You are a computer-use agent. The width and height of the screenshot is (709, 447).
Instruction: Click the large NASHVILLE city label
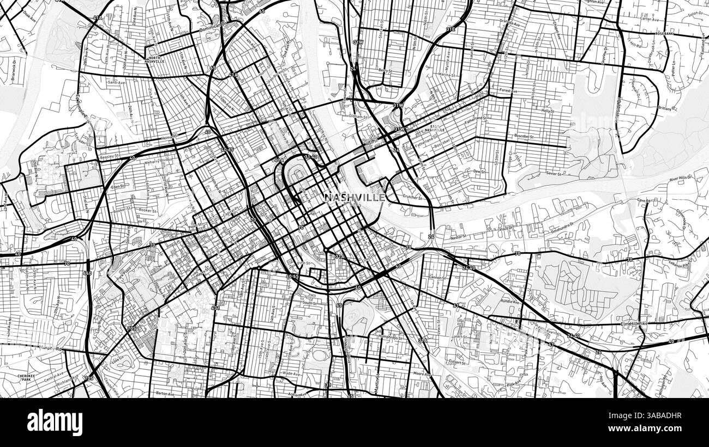[x=354, y=198]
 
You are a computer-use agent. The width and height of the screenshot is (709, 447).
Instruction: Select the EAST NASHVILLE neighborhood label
[x=438, y=128]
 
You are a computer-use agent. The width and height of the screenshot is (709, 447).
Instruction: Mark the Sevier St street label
[x=554, y=173]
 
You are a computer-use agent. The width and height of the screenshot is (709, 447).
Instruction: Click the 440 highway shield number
[x=88, y=272]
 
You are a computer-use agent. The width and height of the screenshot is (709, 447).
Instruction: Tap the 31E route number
[x=450, y=29]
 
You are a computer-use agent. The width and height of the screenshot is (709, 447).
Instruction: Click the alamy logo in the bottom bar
[x=55, y=422]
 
